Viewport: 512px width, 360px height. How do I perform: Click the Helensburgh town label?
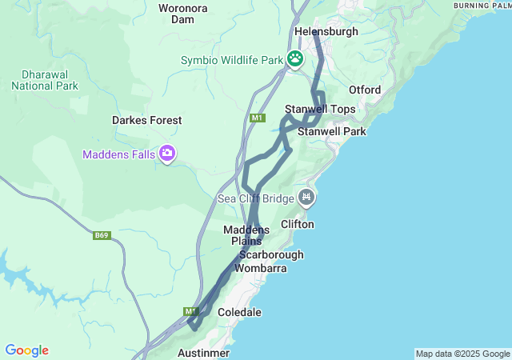point(326,31)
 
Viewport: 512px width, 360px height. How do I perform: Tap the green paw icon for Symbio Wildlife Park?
point(296,58)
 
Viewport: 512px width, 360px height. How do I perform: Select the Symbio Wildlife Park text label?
point(232,60)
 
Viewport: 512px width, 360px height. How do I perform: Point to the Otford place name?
point(365,90)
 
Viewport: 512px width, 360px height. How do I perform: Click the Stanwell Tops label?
point(320,109)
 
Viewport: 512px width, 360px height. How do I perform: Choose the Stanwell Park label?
point(331,130)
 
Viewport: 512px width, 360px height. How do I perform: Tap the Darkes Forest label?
point(146,120)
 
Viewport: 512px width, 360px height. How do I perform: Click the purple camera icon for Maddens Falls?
point(167,153)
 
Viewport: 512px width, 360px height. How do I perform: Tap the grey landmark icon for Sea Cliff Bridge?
point(306,197)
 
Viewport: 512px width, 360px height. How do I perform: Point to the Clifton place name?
point(297,225)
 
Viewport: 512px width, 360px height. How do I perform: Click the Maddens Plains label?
point(246,235)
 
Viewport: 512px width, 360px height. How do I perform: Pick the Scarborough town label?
point(271,254)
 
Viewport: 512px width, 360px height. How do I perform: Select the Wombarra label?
point(260,268)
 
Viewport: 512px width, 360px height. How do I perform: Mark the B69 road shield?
point(102,235)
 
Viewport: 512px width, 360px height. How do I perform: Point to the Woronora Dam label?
point(183,14)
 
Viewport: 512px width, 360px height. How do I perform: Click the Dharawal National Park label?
point(45,80)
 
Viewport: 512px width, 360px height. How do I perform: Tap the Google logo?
point(26,350)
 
